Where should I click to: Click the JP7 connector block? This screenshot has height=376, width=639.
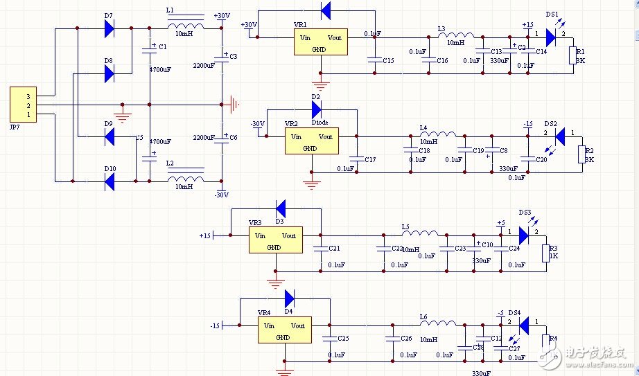click(23, 105)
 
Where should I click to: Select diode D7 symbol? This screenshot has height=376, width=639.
click(109, 28)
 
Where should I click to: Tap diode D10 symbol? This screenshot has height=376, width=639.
click(109, 182)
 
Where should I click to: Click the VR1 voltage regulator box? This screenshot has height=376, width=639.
click(319, 44)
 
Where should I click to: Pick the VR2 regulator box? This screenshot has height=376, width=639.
click(310, 142)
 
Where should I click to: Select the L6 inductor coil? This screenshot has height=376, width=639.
click(438, 323)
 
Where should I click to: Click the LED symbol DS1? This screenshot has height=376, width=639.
click(551, 37)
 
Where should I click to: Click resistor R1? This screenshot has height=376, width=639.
click(572, 55)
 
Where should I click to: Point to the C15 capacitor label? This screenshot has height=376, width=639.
click(388, 61)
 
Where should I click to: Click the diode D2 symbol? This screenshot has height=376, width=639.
click(316, 109)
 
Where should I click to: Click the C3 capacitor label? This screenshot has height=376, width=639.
click(233, 56)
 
